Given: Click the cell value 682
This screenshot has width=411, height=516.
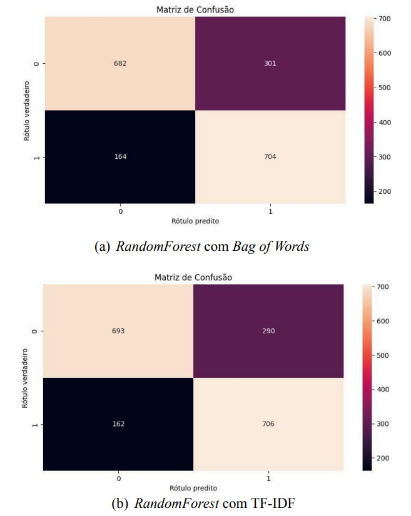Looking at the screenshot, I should [x=119, y=63].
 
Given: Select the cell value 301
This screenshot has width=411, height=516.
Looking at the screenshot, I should [x=270, y=63].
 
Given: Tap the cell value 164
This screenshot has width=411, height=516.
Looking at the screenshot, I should [x=119, y=156].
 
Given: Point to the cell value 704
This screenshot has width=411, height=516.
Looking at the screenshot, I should [x=270, y=156].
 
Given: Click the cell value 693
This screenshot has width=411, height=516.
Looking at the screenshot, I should [x=118, y=331].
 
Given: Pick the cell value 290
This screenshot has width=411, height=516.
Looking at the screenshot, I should [x=268, y=331].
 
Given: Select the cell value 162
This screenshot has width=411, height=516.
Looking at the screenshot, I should [x=118, y=423].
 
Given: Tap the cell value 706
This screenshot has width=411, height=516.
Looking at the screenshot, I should [x=268, y=423].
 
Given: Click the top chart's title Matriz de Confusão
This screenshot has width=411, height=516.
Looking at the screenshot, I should [x=195, y=9].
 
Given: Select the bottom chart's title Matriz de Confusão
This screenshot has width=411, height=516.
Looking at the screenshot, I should [x=193, y=277].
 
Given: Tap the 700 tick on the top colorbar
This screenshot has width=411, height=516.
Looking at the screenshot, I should [x=382, y=19].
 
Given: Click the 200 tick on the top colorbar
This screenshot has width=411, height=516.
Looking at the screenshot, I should [x=382, y=191].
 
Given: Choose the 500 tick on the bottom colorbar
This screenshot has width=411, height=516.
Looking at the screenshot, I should [x=382, y=355].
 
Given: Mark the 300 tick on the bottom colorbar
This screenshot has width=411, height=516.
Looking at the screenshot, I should [x=382, y=423].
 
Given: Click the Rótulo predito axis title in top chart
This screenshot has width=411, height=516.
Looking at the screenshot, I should [x=195, y=221].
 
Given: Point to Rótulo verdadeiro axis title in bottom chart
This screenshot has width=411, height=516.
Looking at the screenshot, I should [x=25, y=377].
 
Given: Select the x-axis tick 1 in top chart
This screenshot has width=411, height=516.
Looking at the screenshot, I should [x=270, y=211].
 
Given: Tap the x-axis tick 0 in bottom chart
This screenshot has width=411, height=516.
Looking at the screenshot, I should [x=118, y=478].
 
